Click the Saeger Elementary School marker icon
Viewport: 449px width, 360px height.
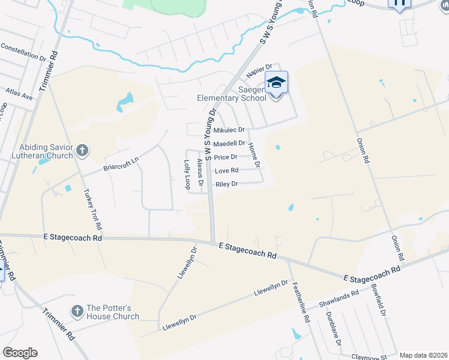(x=277, y=82)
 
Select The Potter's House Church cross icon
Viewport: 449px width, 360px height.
(x=76, y=311)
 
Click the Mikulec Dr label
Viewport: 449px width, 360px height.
(x=229, y=130)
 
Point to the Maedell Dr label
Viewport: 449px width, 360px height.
(x=229, y=143)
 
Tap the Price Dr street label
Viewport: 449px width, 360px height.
(x=226, y=157)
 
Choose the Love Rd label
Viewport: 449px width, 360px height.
(x=226, y=170)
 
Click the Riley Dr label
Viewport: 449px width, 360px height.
(x=227, y=184)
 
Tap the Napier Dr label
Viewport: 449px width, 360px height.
(x=259, y=68)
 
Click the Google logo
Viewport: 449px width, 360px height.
(x=20, y=353)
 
